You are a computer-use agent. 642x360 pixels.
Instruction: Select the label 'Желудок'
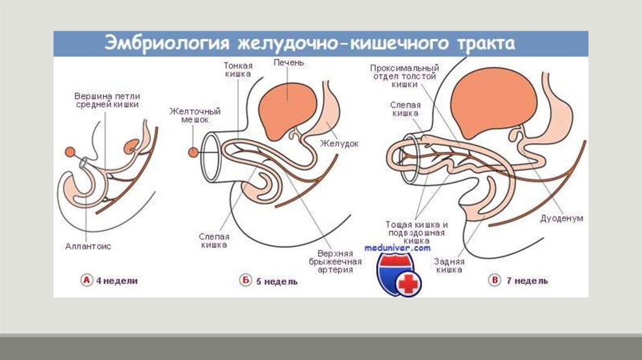pos(339,144)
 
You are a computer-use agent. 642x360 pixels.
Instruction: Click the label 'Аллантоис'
pos(88,246)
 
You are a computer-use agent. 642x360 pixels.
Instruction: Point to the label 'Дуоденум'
pos(562,218)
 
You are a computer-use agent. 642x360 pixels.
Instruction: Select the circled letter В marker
pos(495,280)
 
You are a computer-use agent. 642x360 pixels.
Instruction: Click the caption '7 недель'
pos(528,281)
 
